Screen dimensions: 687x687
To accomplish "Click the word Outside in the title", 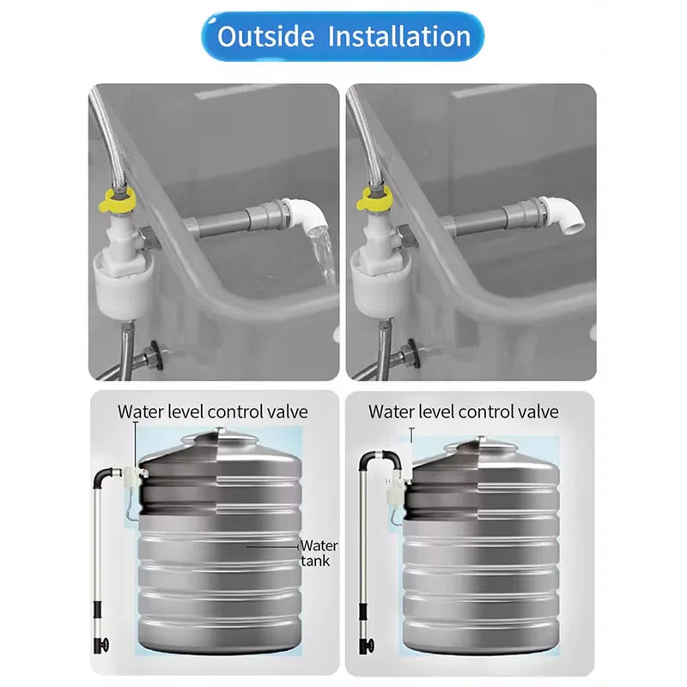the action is (x=265, y=36).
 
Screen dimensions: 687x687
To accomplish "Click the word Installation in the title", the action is (x=399, y=36).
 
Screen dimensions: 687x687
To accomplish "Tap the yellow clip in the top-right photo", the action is (x=374, y=199).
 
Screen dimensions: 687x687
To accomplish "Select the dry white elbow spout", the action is (x=562, y=214).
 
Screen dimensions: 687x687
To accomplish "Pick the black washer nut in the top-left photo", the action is (x=155, y=354).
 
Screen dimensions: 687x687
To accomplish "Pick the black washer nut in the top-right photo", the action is (x=412, y=353).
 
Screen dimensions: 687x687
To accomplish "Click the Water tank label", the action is (x=319, y=553).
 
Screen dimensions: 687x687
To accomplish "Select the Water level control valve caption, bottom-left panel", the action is (x=212, y=411).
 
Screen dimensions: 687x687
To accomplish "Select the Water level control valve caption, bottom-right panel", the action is (x=464, y=411).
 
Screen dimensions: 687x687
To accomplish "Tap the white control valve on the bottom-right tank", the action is (x=398, y=489).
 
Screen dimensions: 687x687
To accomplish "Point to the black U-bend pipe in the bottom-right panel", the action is (x=380, y=456).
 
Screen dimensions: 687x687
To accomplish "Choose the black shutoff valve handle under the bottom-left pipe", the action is (x=101, y=645).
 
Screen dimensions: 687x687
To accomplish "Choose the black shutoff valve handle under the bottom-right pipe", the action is (x=367, y=646).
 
